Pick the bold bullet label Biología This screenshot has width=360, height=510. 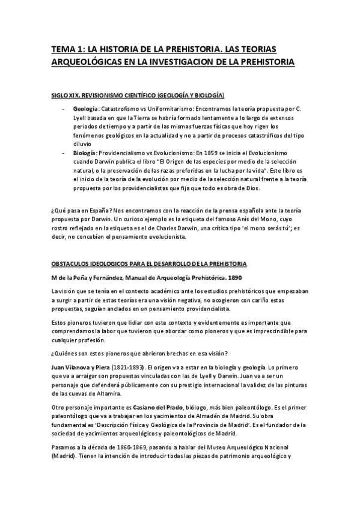(84, 153)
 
